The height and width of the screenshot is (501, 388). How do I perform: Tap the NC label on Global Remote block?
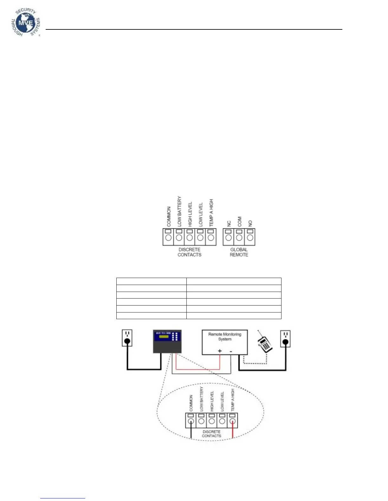point(229,223)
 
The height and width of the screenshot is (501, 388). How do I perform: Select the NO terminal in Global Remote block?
point(250,237)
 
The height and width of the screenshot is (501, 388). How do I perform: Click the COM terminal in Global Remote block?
point(239,237)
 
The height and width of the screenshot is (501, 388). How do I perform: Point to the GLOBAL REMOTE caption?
point(239,252)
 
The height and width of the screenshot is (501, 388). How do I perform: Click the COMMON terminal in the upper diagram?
point(168,237)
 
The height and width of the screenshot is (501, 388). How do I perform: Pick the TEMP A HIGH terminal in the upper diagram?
point(210,237)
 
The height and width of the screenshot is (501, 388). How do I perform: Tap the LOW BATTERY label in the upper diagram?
point(179,211)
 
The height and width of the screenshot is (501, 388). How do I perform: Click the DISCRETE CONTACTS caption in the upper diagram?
point(189,252)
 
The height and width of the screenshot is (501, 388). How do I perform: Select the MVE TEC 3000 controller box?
point(167,342)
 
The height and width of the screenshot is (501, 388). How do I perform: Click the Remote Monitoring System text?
point(225,337)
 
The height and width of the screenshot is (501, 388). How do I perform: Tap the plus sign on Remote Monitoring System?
point(220,351)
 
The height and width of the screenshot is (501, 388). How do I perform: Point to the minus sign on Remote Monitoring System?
point(231,351)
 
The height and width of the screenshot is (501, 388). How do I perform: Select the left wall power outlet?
point(127,338)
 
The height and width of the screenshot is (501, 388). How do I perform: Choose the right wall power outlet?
point(285,338)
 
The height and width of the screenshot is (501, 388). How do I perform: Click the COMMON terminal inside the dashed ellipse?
point(191,421)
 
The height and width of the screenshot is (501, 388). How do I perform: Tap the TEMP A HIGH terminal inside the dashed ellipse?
point(233,421)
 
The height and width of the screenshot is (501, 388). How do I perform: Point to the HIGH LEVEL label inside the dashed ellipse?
point(212,401)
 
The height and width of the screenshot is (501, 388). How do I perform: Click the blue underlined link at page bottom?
point(63,498)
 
